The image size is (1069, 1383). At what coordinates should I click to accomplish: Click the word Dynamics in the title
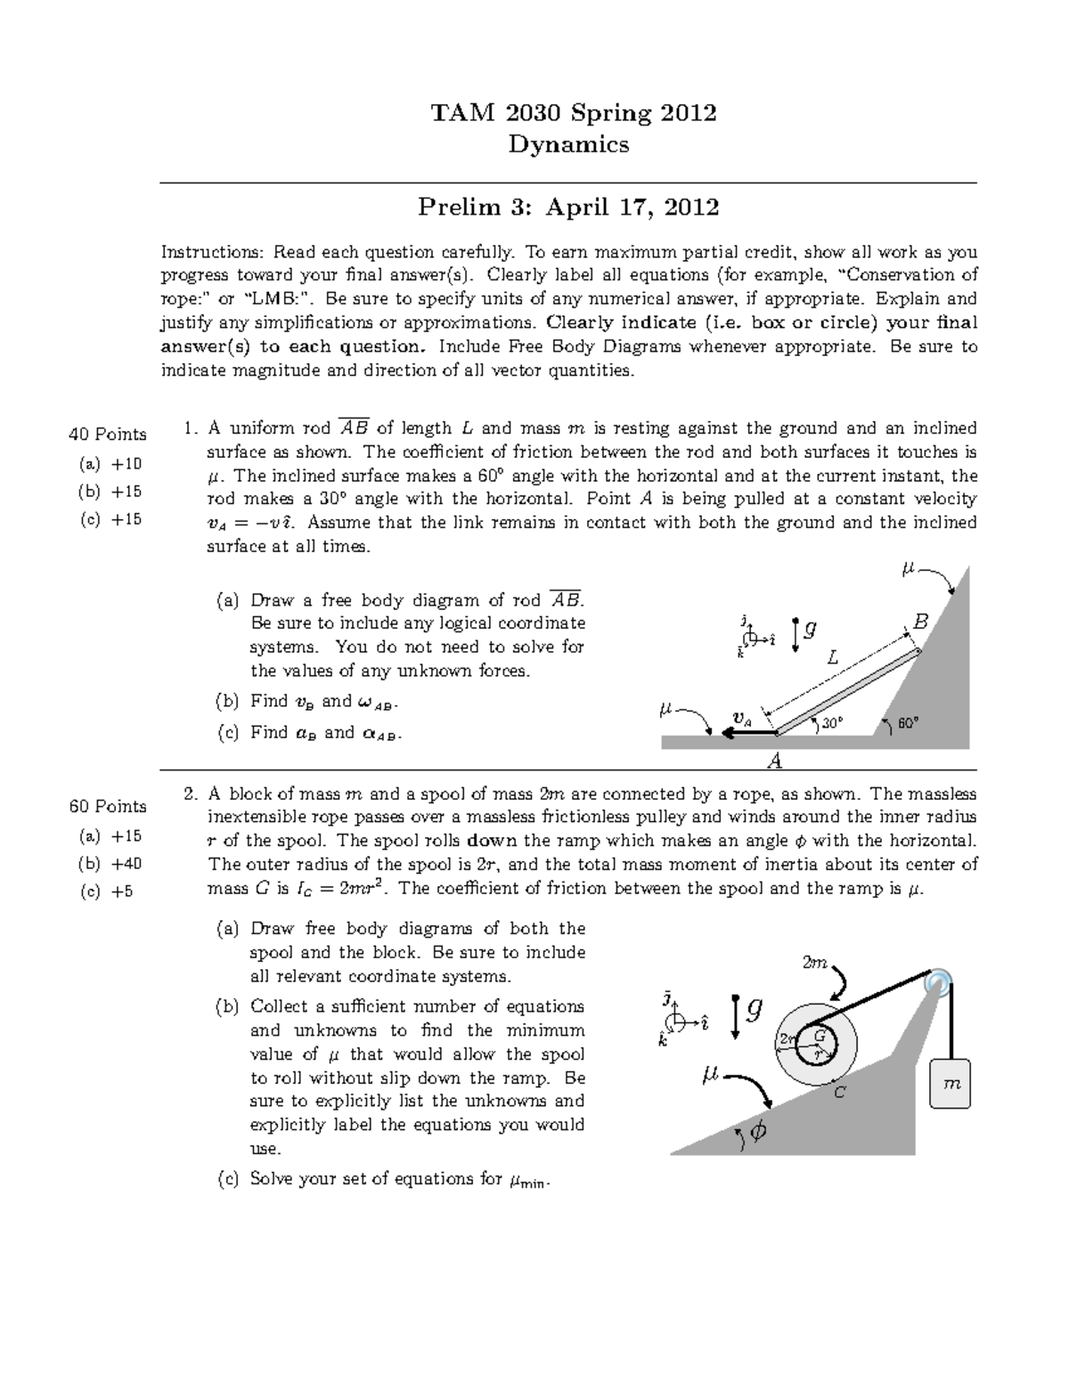[x=568, y=144]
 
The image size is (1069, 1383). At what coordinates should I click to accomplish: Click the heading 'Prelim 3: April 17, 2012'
[x=568, y=207]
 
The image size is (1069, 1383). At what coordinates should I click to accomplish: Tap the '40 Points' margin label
[x=107, y=435]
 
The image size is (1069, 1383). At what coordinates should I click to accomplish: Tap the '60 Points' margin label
[x=107, y=807]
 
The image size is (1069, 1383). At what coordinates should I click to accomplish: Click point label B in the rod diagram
[x=920, y=622]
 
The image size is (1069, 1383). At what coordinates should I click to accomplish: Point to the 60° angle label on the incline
[x=908, y=724]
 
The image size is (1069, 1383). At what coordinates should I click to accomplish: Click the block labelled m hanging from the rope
[x=951, y=1083]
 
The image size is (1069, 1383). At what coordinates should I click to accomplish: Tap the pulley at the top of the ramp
[x=939, y=982]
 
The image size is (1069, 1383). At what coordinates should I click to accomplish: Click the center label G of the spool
[x=819, y=1037]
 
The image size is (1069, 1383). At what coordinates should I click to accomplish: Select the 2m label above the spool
[x=815, y=964]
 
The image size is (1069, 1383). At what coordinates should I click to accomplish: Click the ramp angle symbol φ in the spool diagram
[x=758, y=1132]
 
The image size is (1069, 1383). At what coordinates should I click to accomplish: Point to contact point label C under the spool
[x=838, y=1092]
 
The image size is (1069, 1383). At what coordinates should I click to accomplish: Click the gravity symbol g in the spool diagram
[x=754, y=1010]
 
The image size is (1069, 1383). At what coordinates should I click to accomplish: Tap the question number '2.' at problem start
[x=190, y=794]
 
